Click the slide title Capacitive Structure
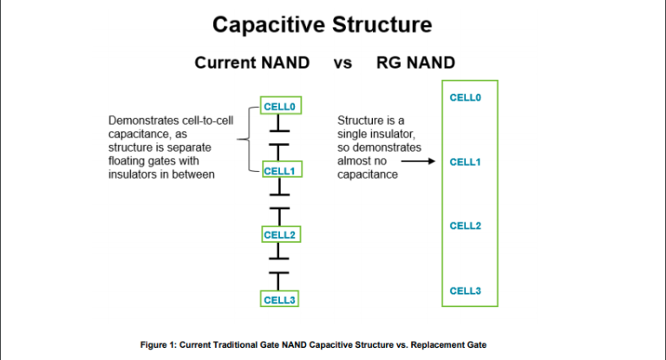[x=332, y=23]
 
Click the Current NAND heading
[x=251, y=63]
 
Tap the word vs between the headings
[x=343, y=63]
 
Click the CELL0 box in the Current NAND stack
[x=280, y=106]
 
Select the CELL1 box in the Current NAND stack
[x=280, y=170]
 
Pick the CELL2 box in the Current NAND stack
[x=280, y=234]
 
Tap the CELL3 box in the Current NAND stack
[x=280, y=299]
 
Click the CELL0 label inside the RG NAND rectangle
[x=466, y=97]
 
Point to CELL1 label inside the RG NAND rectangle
[x=466, y=162]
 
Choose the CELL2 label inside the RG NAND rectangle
[x=466, y=226]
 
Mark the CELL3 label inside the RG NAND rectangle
[x=466, y=291]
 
